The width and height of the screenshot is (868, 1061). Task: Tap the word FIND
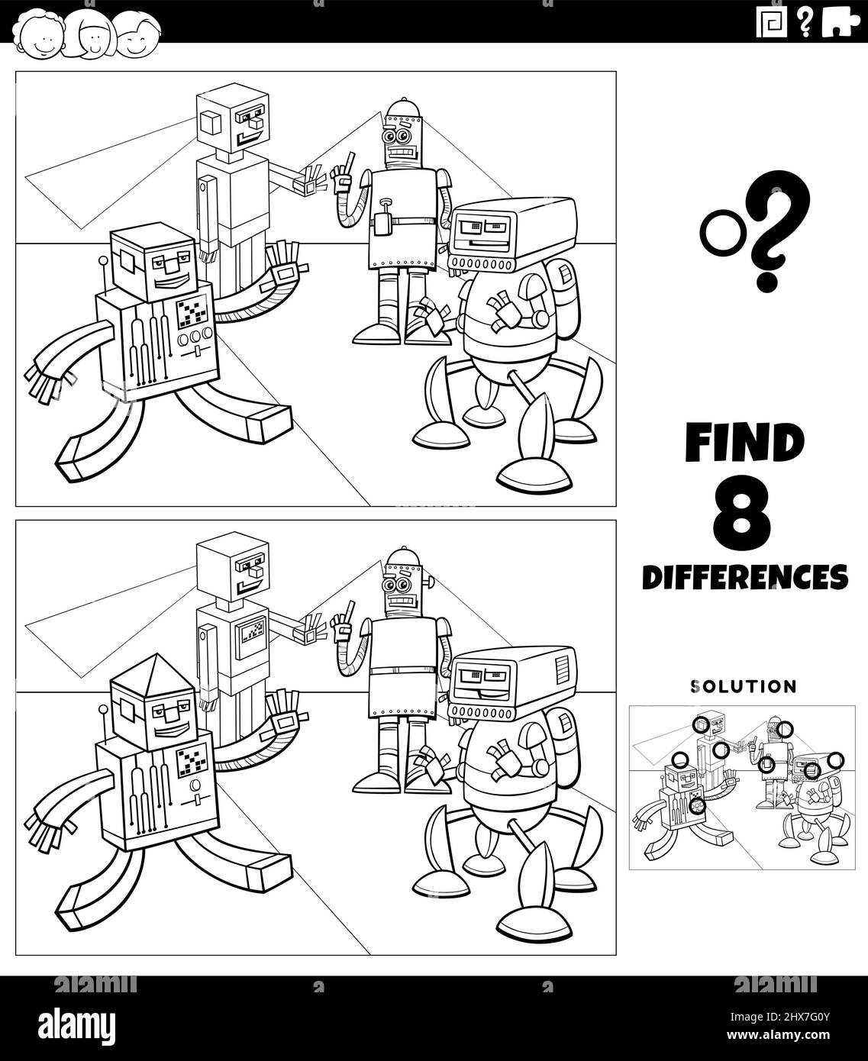(745, 442)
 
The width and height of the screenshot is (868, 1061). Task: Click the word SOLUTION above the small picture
(744, 686)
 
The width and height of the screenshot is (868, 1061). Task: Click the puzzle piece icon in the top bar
(841, 23)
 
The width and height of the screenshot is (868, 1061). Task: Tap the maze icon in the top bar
(771, 23)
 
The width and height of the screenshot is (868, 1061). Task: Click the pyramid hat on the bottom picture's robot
(153, 669)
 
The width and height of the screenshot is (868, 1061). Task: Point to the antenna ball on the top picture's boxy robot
(104, 260)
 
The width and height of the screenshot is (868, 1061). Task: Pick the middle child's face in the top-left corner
(91, 36)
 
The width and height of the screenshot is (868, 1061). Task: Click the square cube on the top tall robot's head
(210, 122)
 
